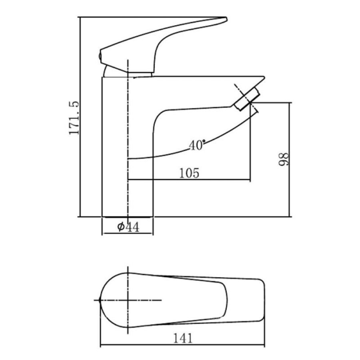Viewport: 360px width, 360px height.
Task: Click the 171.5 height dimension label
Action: tap(74, 118)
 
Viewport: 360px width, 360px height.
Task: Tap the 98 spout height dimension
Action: tap(283, 159)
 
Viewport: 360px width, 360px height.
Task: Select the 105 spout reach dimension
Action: tap(189, 173)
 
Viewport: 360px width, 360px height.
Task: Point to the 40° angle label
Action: tap(197, 145)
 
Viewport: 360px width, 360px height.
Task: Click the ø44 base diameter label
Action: tap(128, 227)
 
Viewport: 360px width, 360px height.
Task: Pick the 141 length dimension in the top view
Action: tap(183, 338)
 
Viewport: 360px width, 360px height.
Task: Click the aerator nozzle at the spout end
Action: tap(247, 99)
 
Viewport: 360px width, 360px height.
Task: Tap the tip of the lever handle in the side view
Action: tap(226, 19)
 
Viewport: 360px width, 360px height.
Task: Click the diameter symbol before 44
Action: tap(121, 227)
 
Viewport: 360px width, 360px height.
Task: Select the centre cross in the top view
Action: tap(128, 300)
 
